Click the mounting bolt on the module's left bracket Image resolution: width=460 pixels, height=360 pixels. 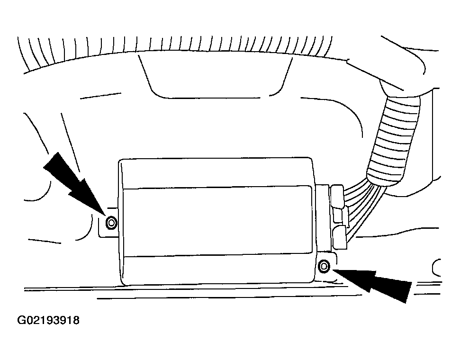click(x=111, y=223)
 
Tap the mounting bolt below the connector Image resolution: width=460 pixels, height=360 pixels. click(x=324, y=266)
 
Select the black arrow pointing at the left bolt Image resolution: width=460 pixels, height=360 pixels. click(x=73, y=182)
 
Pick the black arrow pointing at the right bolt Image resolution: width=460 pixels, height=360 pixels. click(x=372, y=282)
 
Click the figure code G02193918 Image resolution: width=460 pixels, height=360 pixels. click(x=48, y=320)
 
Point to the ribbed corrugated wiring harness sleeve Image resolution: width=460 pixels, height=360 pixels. click(x=393, y=141)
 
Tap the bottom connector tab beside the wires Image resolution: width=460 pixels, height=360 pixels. click(x=339, y=238)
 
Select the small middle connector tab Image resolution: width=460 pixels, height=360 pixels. click(x=338, y=216)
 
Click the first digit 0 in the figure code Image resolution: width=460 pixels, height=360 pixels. click(x=28, y=320)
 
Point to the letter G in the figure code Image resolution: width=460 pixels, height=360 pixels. click(x=21, y=320)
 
